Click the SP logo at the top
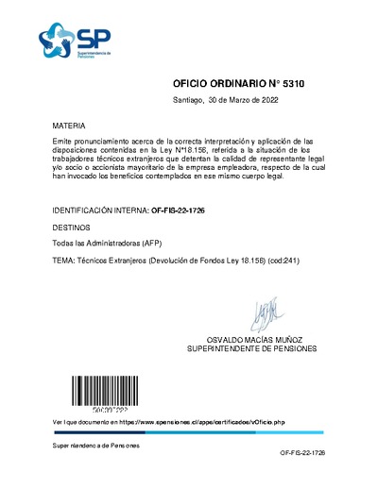tap(77, 41)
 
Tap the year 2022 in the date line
tap(268, 99)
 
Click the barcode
tap(95, 390)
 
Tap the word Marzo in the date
tap(240, 99)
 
